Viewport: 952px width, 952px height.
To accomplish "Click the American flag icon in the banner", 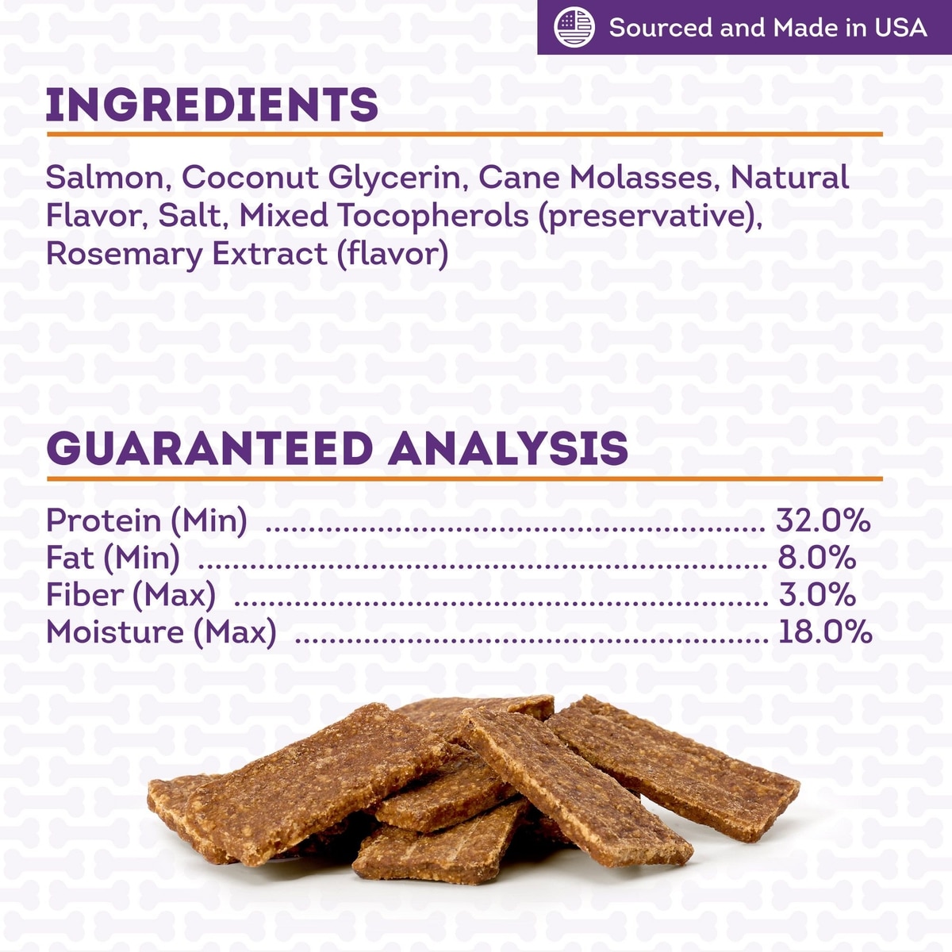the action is pyautogui.click(x=574, y=27).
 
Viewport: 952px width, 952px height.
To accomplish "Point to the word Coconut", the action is pyautogui.click(x=250, y=177).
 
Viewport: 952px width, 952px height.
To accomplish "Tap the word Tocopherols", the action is pyautogui.click(x=433, y=216).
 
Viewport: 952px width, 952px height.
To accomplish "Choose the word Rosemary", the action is pyautogui.click(x=125, y=255).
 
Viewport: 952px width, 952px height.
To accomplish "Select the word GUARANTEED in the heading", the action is pyautogui.click(x=210, y=448).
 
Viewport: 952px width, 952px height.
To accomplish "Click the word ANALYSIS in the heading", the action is pyautogui.click(x=508, y=448).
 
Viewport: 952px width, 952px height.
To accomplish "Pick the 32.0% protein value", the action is pyautogui.click(x=823, y=520).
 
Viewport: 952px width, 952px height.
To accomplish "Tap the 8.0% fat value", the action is pyautogui.click(x=817, y=557).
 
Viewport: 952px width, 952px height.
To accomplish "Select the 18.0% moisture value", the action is pyautogui.click(x=825, y=631).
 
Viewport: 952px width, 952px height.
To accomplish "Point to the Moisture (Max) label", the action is pyautogui.click(x=161, y=633).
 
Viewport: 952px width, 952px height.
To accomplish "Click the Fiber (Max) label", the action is pyautogui.click(x=131, y=595).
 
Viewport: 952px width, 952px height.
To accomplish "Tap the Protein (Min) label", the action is pyautogui.click(x=147, y=521).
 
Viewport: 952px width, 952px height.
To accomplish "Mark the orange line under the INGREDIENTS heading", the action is pyautogui.click(x=464, y=134).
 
